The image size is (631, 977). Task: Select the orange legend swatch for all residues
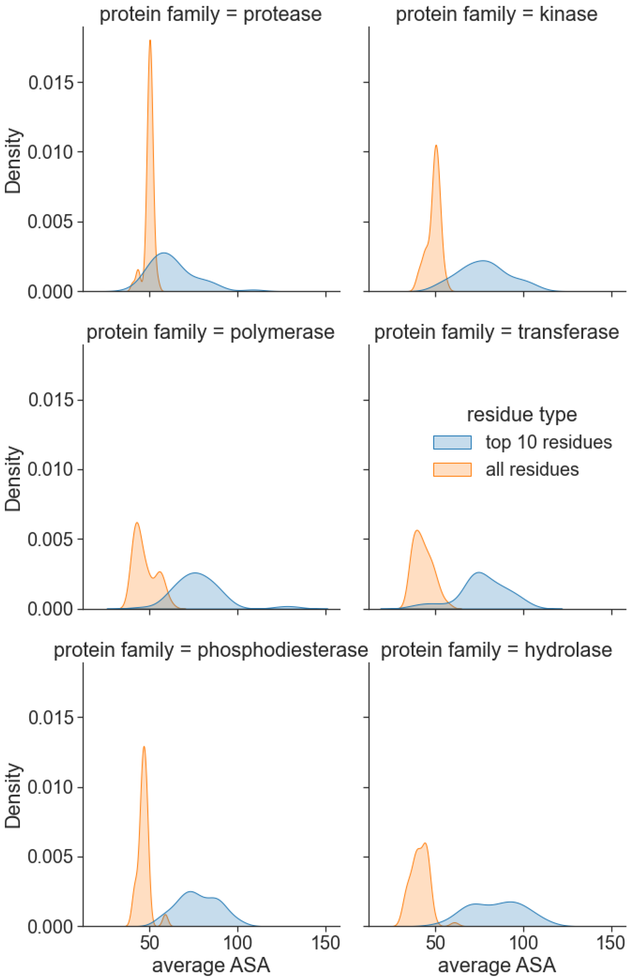click(x=452, y=470)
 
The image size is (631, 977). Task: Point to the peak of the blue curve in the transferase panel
click(x=478, y=572)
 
